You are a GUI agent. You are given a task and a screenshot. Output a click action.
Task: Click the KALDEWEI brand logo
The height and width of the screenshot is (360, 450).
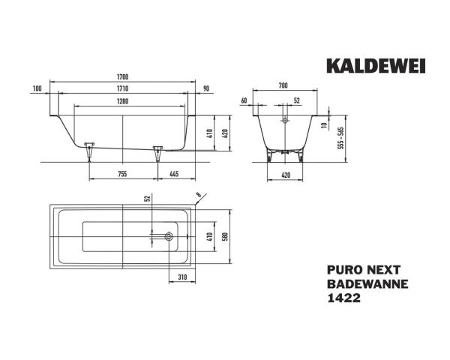tap(375, 66)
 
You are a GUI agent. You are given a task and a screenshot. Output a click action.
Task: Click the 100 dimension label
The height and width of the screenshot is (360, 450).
tap(37, 88)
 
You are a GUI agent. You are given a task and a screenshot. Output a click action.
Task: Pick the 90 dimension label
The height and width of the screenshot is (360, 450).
tap(206, 88)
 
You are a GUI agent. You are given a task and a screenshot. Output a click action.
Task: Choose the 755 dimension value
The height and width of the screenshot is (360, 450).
tap(123, 174)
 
